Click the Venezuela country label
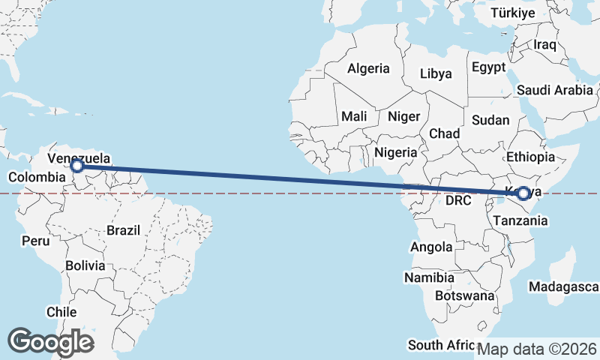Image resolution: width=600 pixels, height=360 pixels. (x=79, y=158)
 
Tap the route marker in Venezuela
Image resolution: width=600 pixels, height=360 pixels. (x=76, y=166)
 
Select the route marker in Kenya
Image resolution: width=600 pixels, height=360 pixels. (x=523, y=193)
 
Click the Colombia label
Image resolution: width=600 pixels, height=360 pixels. (x=37, y=177)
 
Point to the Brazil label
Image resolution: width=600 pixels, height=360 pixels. (x=124, y=230)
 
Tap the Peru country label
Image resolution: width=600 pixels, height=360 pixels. (x=35, y=241)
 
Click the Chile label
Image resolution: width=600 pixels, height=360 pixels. (x=61, y=311)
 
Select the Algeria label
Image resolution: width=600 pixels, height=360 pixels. (x=368, y=68)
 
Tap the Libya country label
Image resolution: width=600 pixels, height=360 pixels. (x=436, y=73)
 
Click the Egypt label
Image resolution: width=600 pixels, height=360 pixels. (x=489, y=67)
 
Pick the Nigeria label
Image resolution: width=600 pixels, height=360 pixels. (x=395, y=152)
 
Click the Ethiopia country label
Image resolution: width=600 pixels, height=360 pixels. (x=530, y=157)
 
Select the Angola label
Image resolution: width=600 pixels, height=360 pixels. (x=431, y=247)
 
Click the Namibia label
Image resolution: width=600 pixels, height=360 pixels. (x=429, y=277)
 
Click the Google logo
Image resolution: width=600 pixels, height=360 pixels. (x=51, y=342)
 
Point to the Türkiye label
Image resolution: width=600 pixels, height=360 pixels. (x=513, y=13)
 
